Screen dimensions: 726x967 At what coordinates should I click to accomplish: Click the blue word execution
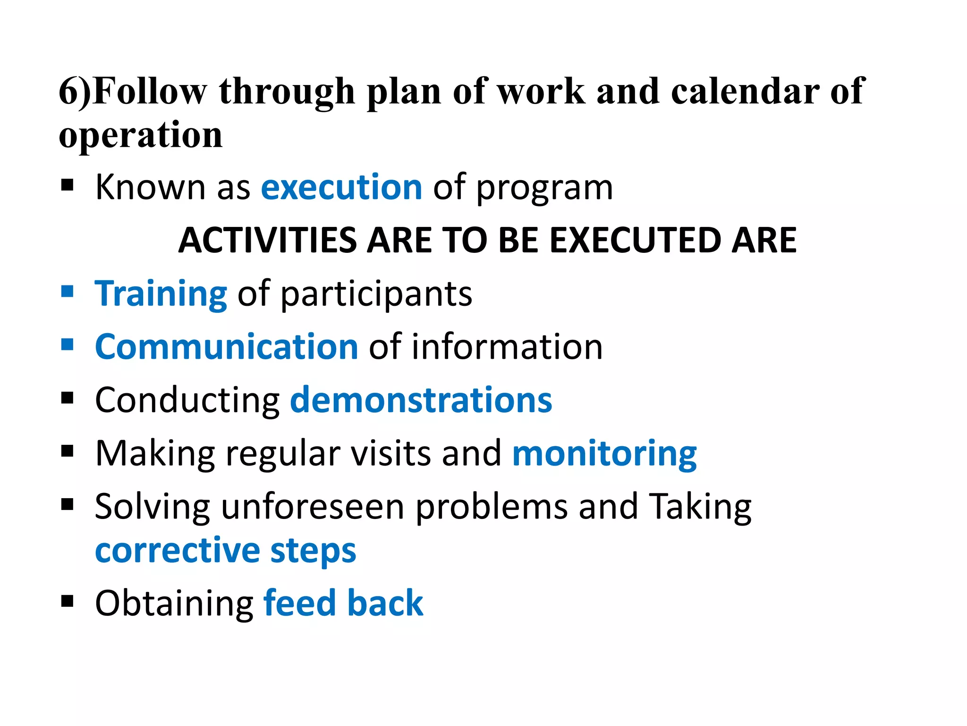tap(341, 188)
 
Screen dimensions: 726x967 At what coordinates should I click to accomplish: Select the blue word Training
tap(161, 294)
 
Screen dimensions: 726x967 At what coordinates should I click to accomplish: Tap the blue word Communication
tap(227, 347)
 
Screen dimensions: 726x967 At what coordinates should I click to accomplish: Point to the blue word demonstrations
tap(421, 400)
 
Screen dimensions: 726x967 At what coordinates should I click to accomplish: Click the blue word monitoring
tap(604, 454)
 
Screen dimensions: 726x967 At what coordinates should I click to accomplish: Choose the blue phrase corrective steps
tap(225, 551)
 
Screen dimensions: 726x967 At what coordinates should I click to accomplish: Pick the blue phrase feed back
tap(343, 604)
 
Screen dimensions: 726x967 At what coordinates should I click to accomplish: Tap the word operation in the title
tap(141, 135)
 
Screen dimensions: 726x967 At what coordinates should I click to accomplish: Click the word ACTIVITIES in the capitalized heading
tap(268, 241)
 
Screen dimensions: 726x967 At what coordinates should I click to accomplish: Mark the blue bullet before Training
tap(68, 291)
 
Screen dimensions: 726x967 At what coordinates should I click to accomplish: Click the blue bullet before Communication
tap(68, 345)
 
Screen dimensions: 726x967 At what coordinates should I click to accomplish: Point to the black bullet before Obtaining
tap(68, 601)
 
